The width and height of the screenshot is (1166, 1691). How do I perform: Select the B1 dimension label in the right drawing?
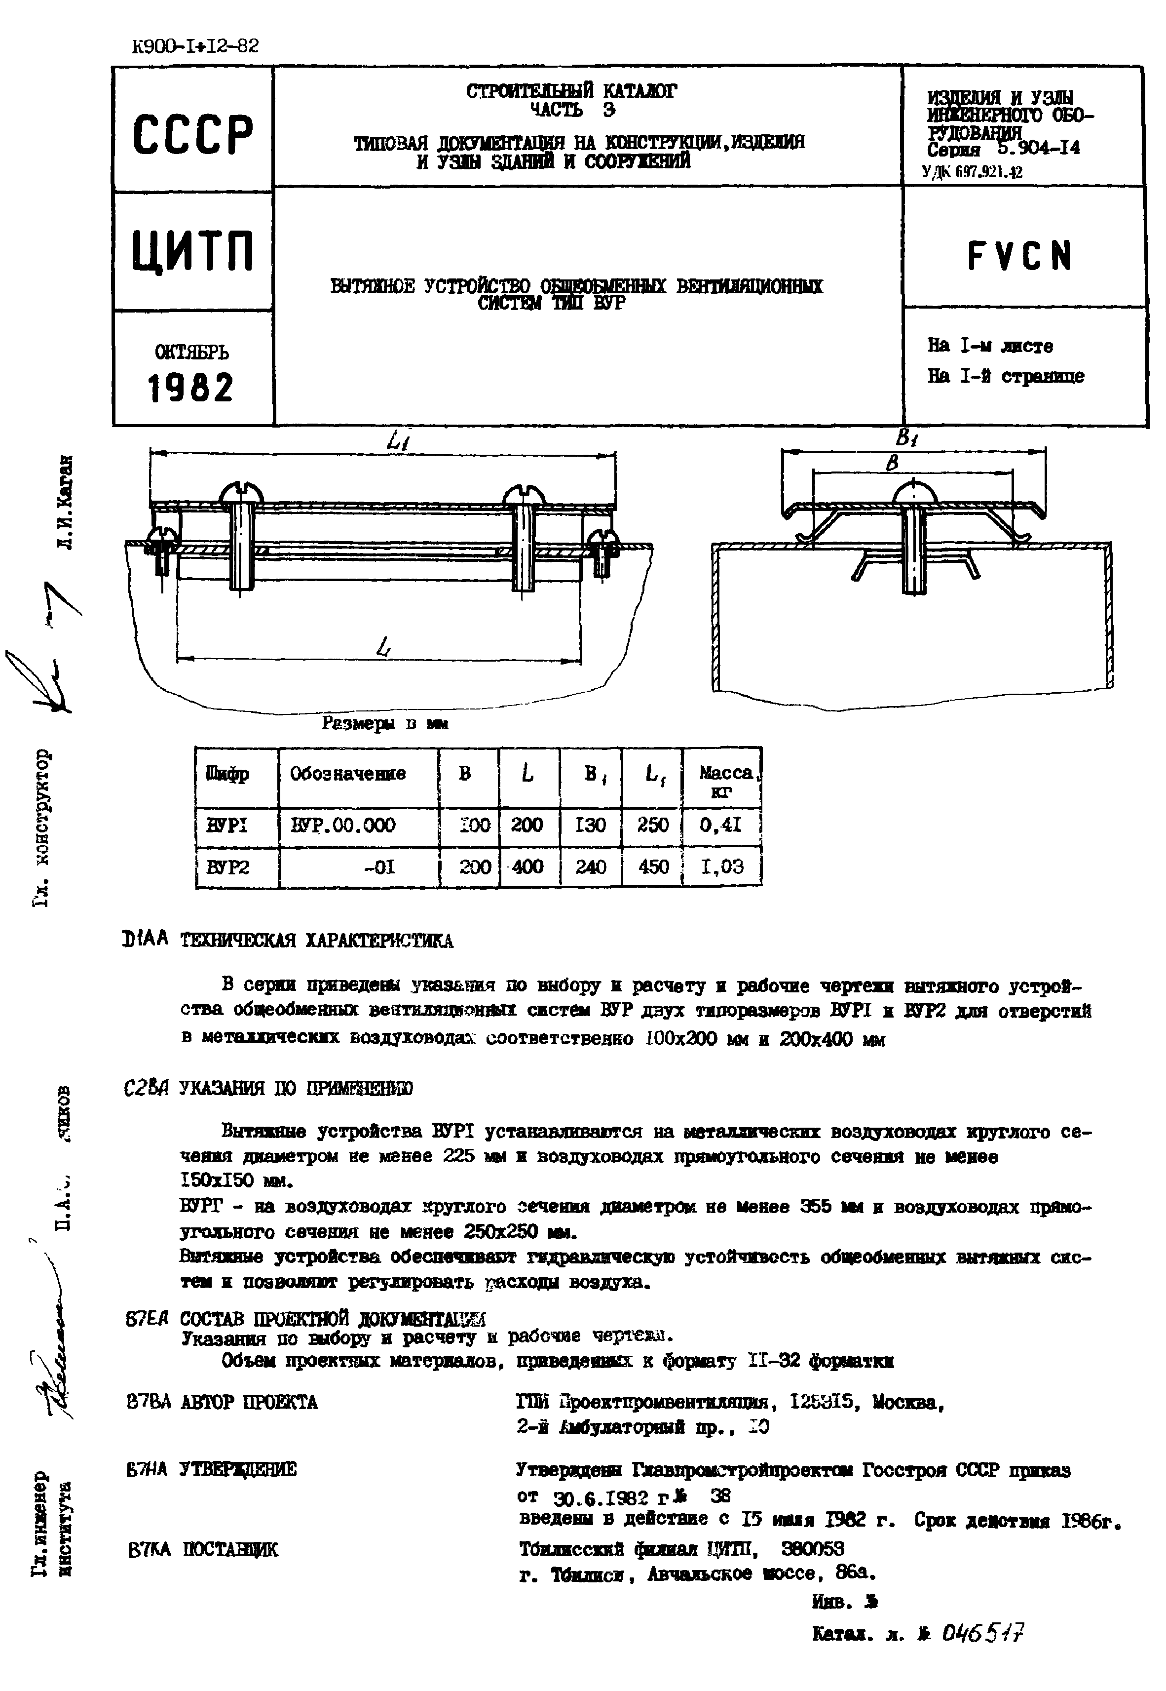coord(906,438)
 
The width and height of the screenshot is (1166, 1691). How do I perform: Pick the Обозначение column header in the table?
coord(348,773)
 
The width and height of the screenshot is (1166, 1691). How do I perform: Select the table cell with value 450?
coord(653,866)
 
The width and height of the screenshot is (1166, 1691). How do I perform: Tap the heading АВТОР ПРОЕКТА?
coord(248,1402)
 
